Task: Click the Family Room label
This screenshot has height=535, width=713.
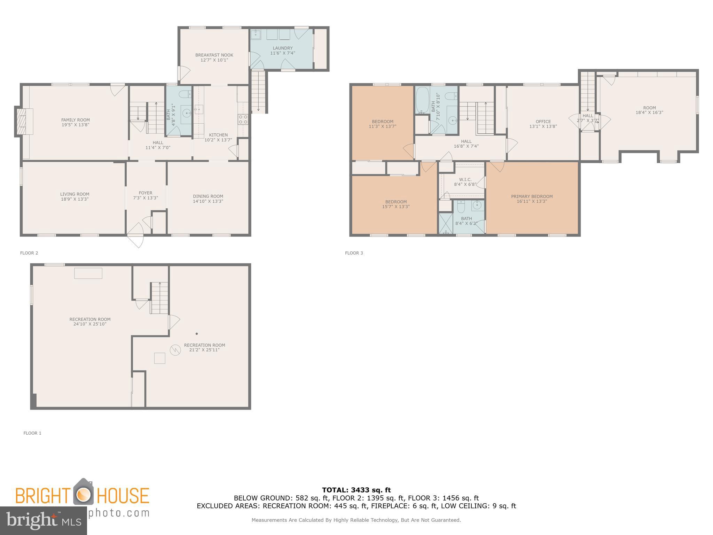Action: [x=76, y=120]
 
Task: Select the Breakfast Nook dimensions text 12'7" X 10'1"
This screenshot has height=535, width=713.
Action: [x=214, y=60]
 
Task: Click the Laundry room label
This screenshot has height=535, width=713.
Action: [x=283, y=48]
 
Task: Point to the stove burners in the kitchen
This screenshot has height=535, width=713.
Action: [x=243, y=119]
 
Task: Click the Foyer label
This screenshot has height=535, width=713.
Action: [x=146, y=193]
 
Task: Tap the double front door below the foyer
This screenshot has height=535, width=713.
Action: [x=136, y=237]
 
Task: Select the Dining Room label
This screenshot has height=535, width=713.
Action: [x=208, y=196]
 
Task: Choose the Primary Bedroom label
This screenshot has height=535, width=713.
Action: [x=532, y=196]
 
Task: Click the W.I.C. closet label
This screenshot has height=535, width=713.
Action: [x=465, y=180]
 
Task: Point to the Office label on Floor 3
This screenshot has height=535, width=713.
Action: [x=543, y=122]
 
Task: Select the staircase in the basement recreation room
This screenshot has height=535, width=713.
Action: [x=159, y=298]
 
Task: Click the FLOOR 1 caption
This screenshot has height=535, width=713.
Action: [x=32, y=433]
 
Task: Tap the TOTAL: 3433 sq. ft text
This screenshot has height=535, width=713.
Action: [x=356, y=490]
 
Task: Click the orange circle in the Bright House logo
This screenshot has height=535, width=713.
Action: [x=84, y=494]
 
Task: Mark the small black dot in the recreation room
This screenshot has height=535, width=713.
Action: [x=197, y=334]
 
